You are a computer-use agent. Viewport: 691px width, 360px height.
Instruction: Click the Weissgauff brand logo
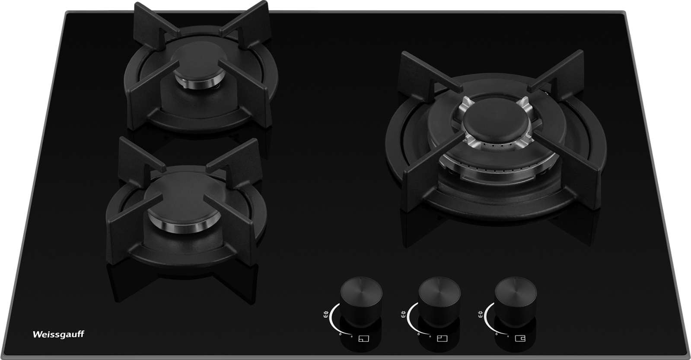point(58,335)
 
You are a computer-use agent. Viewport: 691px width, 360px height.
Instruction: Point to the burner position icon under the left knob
point(363,339)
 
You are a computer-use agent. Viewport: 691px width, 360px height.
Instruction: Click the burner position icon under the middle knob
point(443,339)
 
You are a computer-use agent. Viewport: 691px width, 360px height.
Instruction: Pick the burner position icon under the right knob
point(520,339)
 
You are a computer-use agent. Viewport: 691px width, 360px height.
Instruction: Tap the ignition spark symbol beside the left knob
point(325,314)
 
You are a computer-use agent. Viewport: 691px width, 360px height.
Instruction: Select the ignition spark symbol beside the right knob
point(480,314)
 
